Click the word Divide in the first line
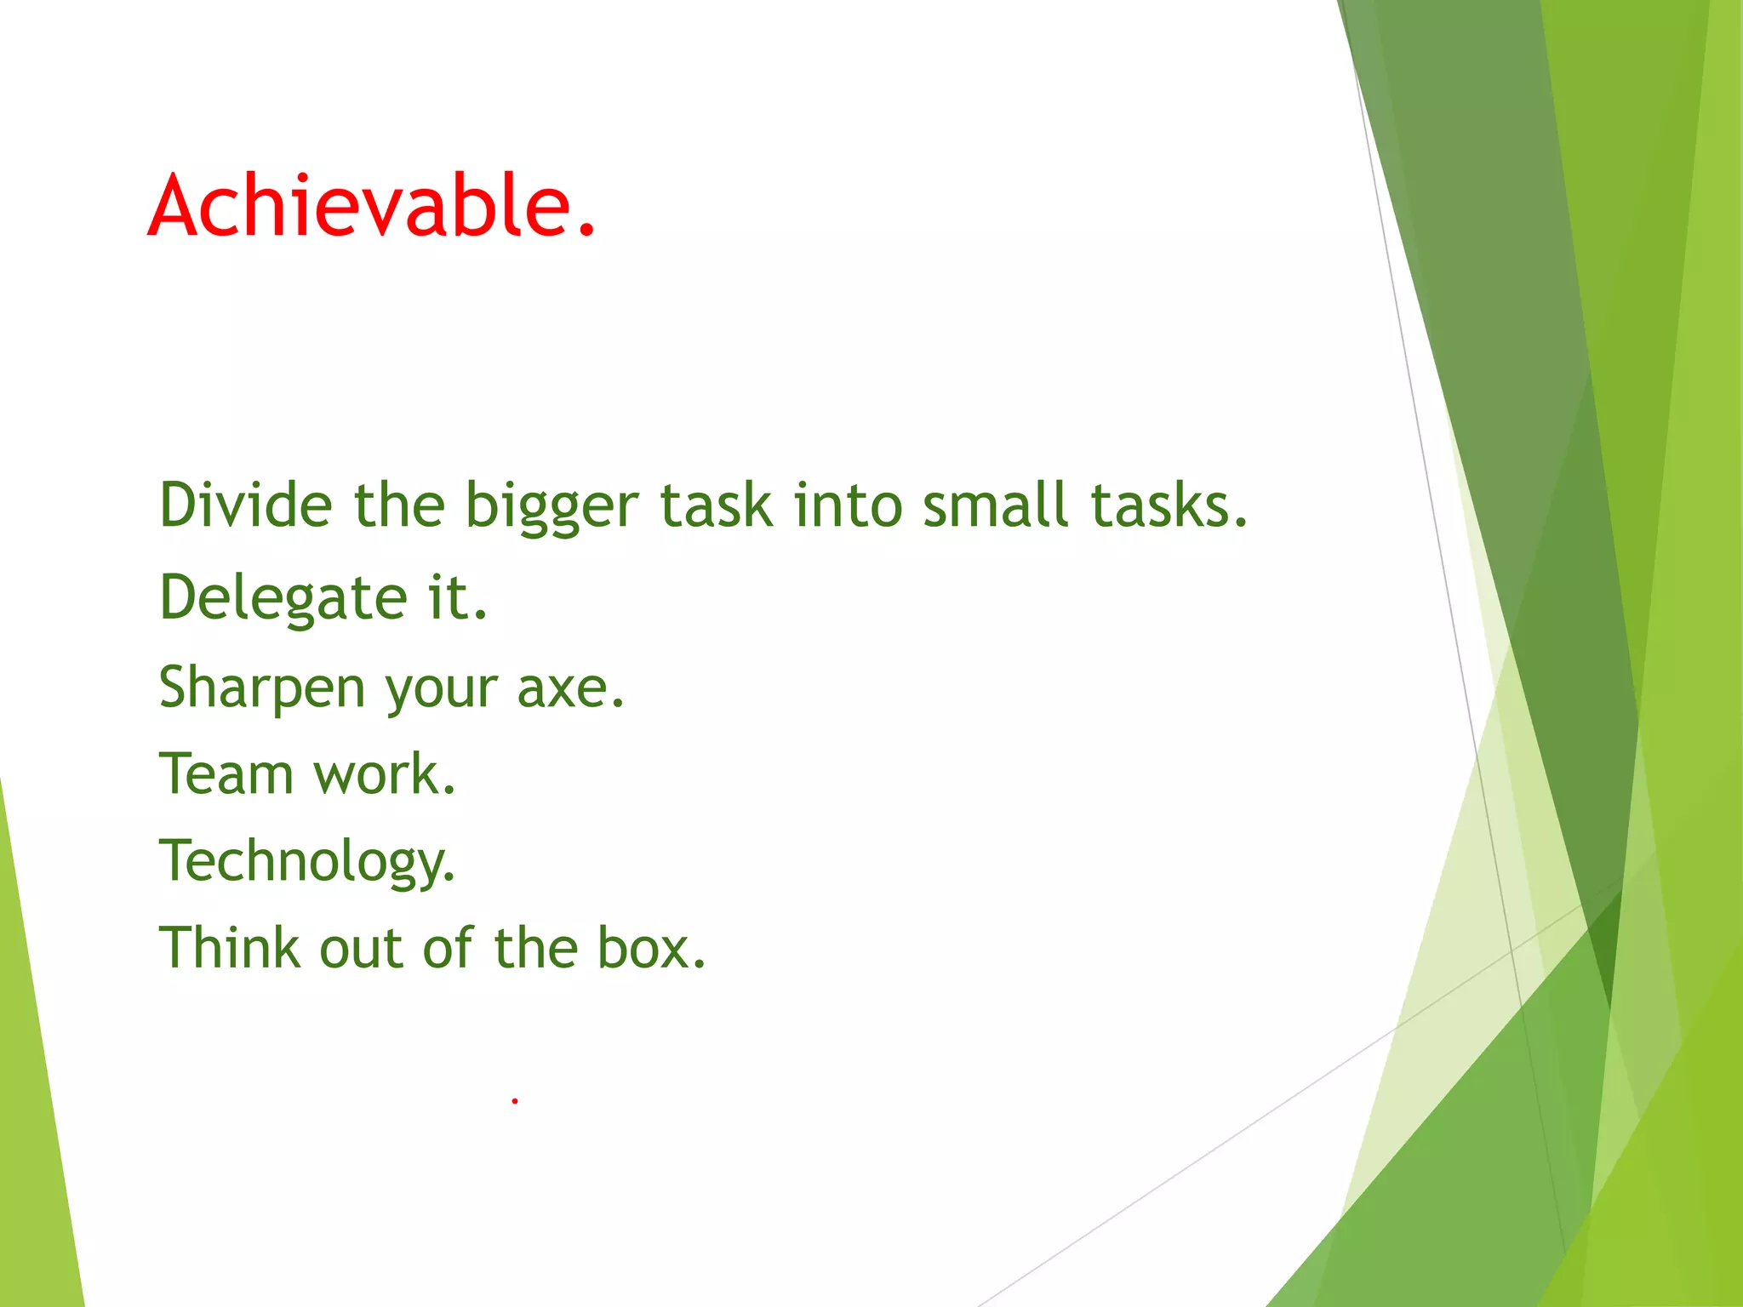tap(245, 505)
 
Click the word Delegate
tap(283, 598)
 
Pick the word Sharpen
tap(262, 688)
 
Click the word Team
tap(226, 774)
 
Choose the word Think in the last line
tap(230, 948)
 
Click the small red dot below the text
tap(515, 1101)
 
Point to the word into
tap(848, 505)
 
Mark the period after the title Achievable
tap(586, 230)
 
